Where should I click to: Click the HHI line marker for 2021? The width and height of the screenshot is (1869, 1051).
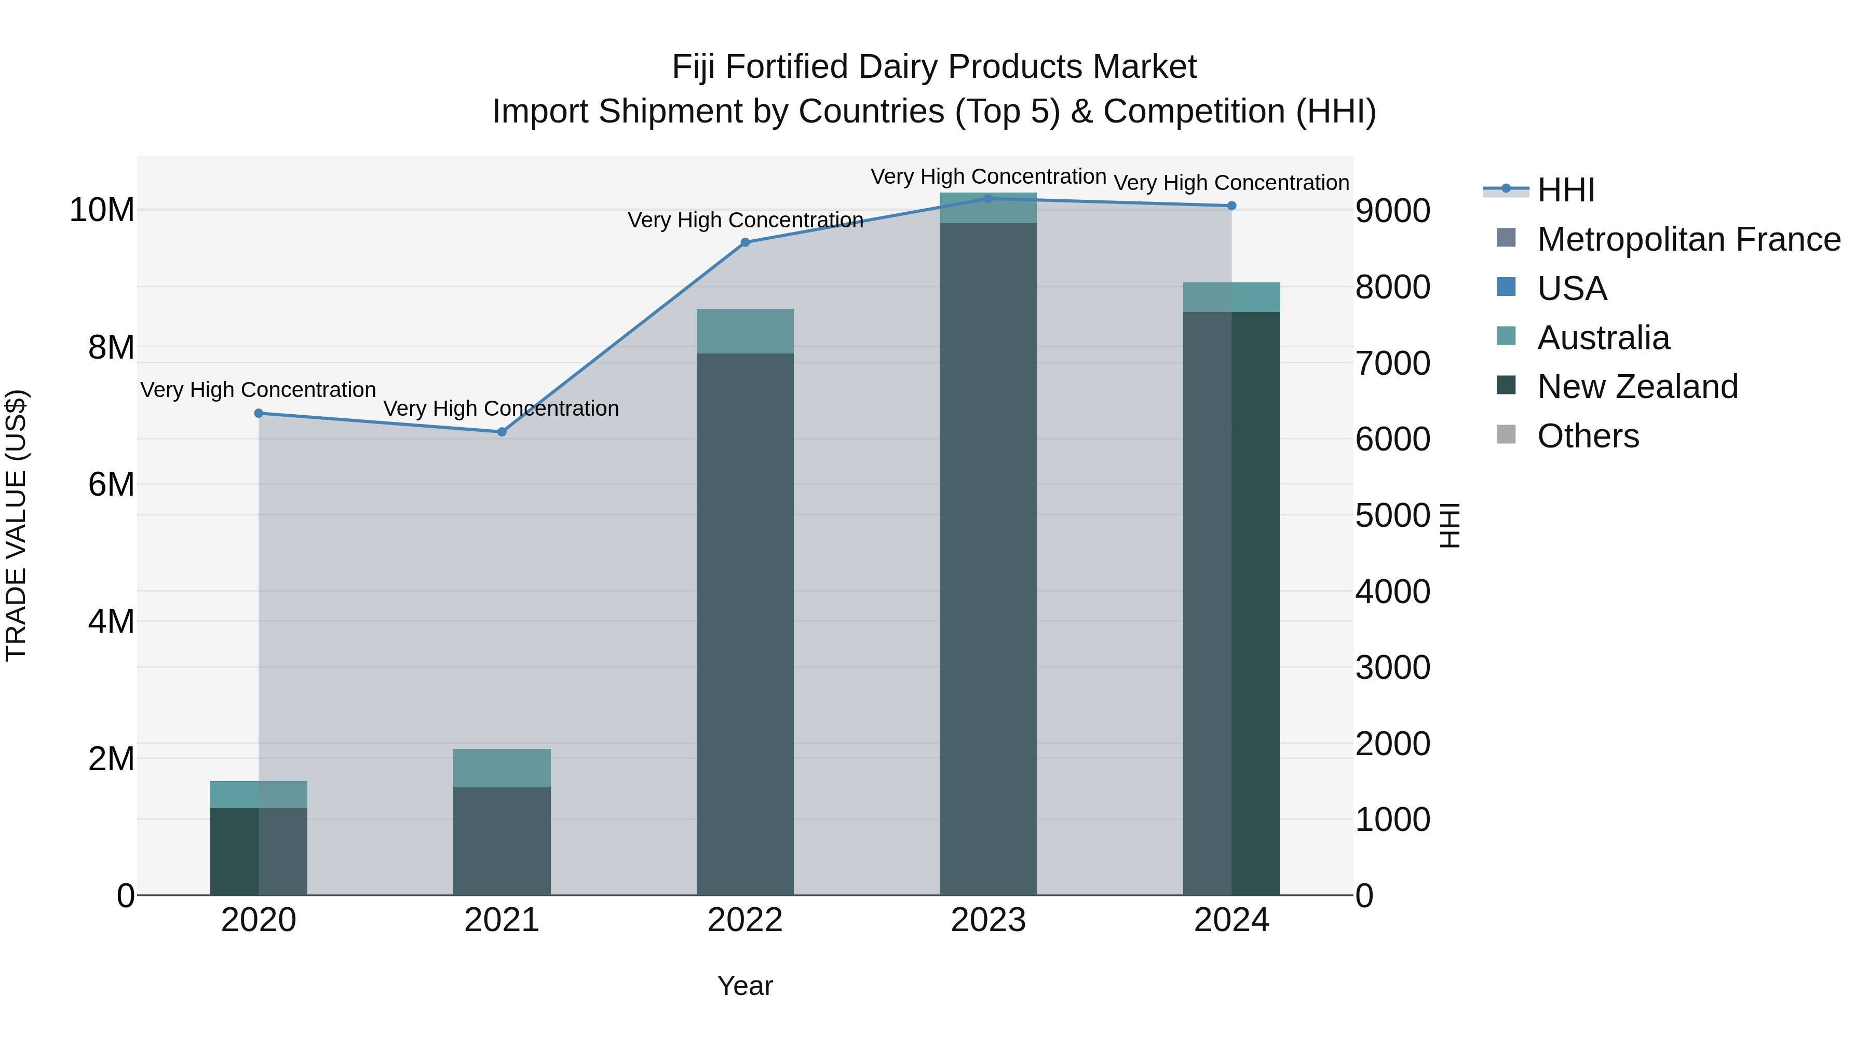pos(502,432)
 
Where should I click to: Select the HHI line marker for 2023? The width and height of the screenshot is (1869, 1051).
pos(987,198)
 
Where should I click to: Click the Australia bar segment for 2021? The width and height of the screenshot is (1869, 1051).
pos(502,768)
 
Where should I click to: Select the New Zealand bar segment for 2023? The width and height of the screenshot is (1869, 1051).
pos(987,558)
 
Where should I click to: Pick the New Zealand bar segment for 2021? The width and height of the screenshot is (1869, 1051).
pos(502,841)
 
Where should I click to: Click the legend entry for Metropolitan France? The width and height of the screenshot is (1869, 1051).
pos(1688,239)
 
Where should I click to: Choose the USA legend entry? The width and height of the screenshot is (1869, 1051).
pos(1572,288)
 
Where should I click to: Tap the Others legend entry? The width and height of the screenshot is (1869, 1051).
pos(1588,436)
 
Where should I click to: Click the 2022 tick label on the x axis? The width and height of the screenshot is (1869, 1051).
pos(744,920)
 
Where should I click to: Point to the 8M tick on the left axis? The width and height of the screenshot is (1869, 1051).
pos(111,347)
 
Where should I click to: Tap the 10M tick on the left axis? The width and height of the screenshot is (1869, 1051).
pos(102,210)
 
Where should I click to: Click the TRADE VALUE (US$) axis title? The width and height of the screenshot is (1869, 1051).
pos(16,525)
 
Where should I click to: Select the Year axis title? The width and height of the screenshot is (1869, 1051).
pos(744,986)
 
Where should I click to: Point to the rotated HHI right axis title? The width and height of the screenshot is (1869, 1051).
pos(1449,525)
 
